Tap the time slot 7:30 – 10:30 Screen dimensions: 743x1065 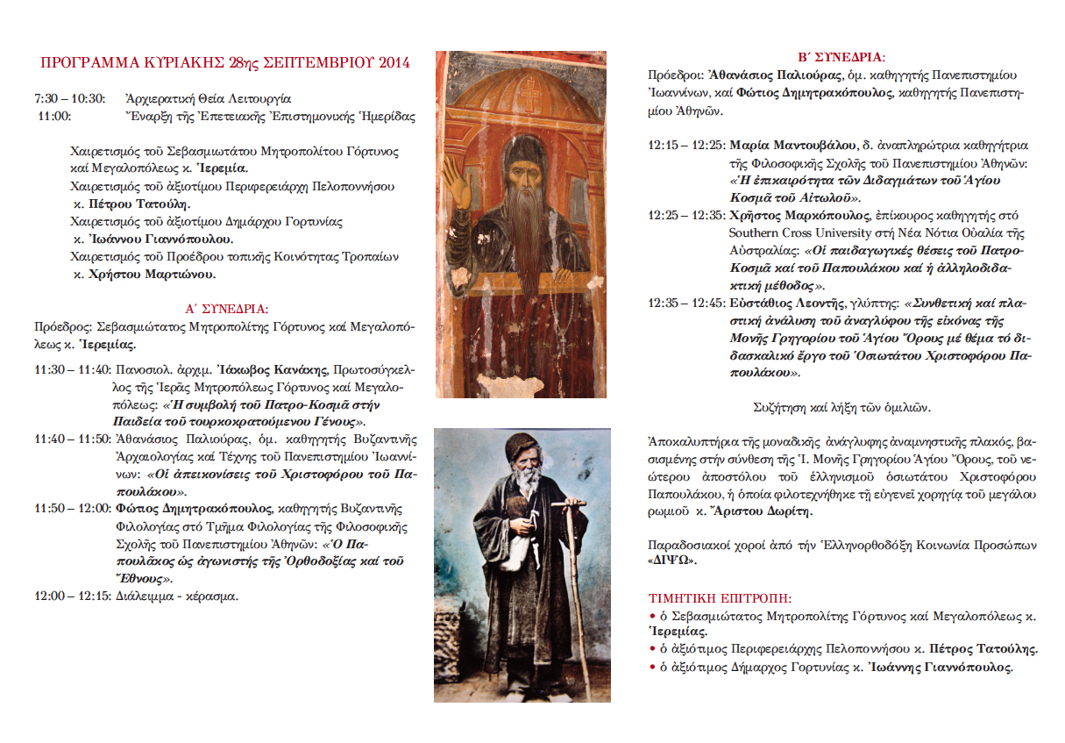(69, 99)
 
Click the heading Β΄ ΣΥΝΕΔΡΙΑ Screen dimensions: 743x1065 (840, 56)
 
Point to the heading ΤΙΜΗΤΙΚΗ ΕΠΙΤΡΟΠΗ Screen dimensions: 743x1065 (719, 599)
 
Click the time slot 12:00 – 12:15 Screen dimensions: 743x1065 (73, 596)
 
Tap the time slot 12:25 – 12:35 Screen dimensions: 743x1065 (685, 215)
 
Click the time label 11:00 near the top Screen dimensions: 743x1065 (54, 116)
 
